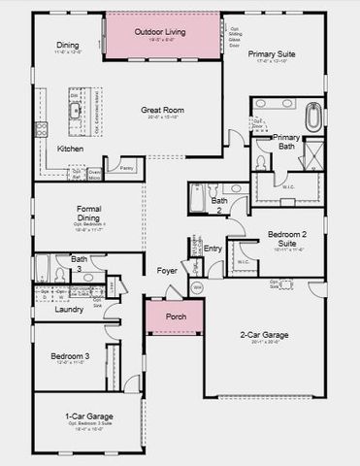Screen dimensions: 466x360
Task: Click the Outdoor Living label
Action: tap(162, 32)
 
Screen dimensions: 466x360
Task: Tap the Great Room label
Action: tap(163, 111)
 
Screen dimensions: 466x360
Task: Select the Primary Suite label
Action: tap(272, 55)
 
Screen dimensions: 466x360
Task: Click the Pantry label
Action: tap(127, 167)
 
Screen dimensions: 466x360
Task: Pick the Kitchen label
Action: tap(71, 150)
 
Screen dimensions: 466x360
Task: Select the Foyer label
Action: tap(168, 270)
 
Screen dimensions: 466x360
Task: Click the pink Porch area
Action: tap(176, 316)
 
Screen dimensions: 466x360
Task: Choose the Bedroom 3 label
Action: tap(71, 357)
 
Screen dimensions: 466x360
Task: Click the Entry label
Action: tap(213, 249)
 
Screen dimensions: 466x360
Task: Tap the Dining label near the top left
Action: tap(68, 46)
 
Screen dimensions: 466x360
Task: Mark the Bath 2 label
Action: tap(219, 206)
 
